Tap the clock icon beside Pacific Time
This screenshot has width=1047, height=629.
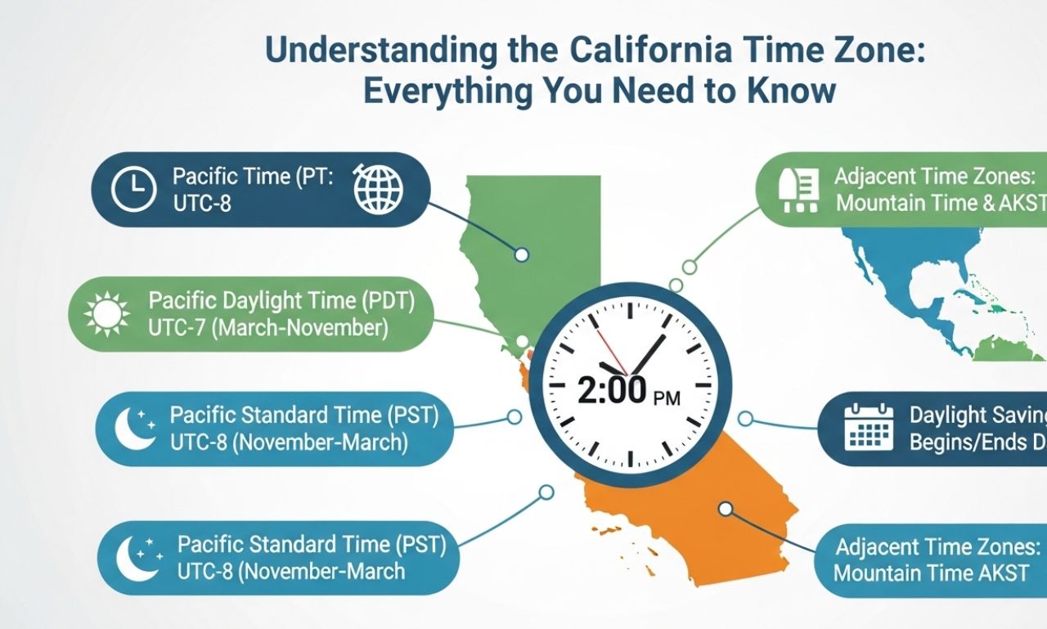tap(133, 190)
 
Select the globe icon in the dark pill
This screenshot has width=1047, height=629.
tap(378, 189)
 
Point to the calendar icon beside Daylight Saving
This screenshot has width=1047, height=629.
tap(869, 427)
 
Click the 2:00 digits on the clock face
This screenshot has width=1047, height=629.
tap(612, 391)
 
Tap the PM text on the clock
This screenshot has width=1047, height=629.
tap(667, 398)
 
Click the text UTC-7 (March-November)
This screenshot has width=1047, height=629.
tap(267, 328)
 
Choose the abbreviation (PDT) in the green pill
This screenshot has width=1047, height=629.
tap(387, 301)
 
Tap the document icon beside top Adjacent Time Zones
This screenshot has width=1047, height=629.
tap(802, 190)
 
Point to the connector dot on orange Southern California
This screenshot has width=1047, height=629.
tap(725, 509)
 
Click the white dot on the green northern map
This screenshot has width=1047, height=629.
tap(521, 254)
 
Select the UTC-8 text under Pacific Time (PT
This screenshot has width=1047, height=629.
tap(202, 202)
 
